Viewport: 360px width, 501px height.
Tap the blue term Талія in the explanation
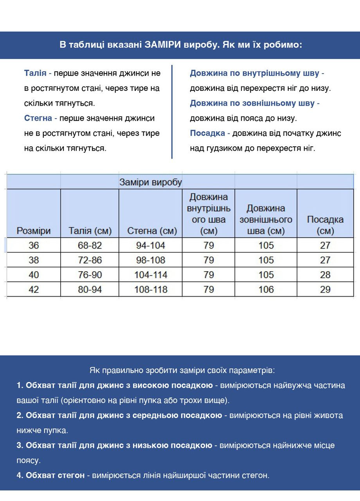pos(35,73)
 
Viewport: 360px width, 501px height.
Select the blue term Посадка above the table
pos(207,133)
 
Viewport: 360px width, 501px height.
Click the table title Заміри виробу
pos(151,182)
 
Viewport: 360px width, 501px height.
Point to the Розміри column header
pos(34,231)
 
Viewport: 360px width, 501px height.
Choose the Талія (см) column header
pos(90,231)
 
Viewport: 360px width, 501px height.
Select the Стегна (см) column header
pos(152,231)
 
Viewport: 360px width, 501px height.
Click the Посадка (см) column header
pos(325,225)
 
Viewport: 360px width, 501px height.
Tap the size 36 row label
pos(34,245)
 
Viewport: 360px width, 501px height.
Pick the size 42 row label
pos(34,290)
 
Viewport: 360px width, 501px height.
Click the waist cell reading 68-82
pos(90,245)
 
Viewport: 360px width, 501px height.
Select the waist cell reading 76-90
pos(90,275)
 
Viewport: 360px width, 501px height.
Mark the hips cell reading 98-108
pos(151,260)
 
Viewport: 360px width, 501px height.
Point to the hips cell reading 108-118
pos(151,290)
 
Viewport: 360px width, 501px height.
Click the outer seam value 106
pos(266,290)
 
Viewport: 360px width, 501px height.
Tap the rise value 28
pos(325,275)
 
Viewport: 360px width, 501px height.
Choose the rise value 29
pos(325,290)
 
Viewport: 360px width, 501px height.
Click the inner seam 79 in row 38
pos(209,260)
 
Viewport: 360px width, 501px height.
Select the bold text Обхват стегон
pos(55,476)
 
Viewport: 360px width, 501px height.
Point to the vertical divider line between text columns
pos(172,112)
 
